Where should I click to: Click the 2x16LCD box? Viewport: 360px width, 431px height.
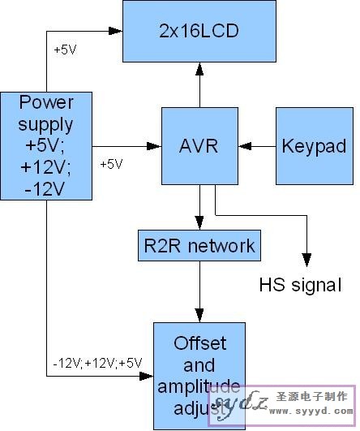pyautogui.click(x=199, y=32)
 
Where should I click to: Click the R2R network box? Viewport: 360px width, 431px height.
pyautogui.click(x=199, y=244)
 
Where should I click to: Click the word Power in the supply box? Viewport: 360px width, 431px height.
pyautogui.click(x=46, y=103)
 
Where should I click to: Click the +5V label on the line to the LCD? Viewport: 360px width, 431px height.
pyautogui.click(x=66, y=50)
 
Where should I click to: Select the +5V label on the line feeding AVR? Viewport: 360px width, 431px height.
pyautogui.click(x=111, y=164)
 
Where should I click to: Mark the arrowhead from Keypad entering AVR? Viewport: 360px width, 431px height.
pyautogui.click(x=244, y=147)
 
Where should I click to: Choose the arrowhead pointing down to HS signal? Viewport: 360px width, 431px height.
pyautogui.click(x=306, y=259)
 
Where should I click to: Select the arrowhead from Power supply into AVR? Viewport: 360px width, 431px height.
pyautogui.click(x=153, y=147)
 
